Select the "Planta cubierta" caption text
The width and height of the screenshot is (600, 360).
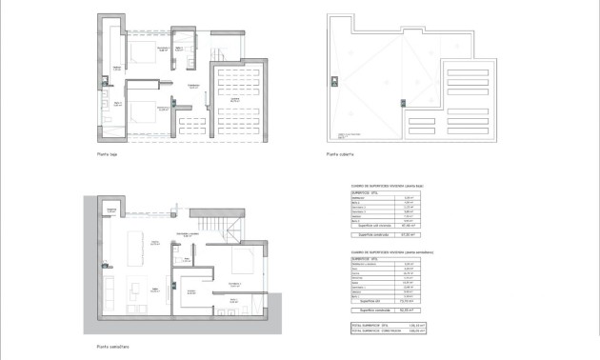pyautogui.click(x=340, y=154)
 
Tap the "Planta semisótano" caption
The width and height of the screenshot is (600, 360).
pyautogui.click(x=111, y=346)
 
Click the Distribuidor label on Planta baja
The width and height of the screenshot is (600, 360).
pyautogui.click(x=192, y=87)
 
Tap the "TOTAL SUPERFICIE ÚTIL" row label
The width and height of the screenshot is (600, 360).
pyautogui.click(x=372, y=326)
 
